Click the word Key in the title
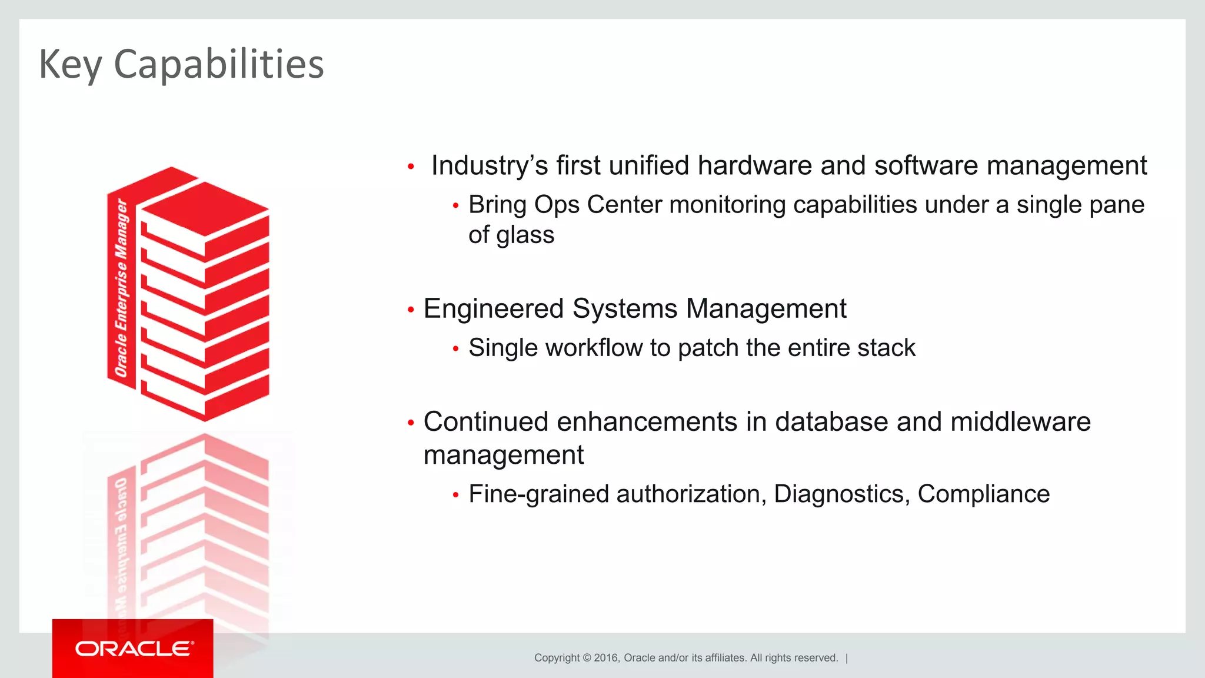pos(70,64)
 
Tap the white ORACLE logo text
pos(134,649)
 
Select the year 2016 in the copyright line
pos(606,658)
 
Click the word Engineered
pos(494,308)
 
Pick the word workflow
pos(594,348)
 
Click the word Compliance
pos(983,494)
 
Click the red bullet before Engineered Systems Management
pos(411,310)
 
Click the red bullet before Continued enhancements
pos(411,423)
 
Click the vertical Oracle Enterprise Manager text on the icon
pos(121,288)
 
